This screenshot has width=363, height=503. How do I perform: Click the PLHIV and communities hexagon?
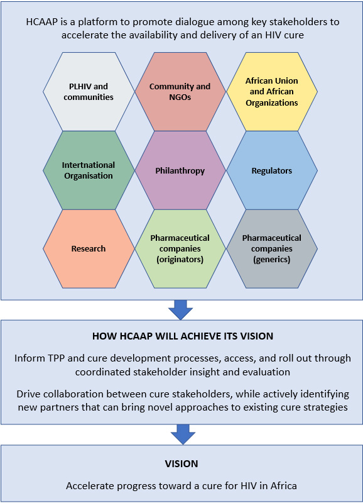[89, 92]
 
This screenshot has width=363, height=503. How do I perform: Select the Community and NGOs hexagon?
[180, 92]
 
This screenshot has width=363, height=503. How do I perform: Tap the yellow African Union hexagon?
[272, 92]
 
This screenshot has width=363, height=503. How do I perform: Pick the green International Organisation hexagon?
[89, 170]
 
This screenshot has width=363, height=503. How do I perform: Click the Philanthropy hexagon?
[180, 170]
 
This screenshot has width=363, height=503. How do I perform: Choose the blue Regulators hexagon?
[272, 170]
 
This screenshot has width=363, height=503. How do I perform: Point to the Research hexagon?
[89, 248]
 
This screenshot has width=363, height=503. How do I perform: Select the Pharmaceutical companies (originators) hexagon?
[180, 248]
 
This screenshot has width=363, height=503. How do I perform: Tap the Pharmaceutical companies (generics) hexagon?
[272, 248]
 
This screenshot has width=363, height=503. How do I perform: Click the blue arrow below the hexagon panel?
[181, 310]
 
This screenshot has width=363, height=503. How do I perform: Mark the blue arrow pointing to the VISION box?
[183, 434]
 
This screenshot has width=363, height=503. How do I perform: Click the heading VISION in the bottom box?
[181, 464]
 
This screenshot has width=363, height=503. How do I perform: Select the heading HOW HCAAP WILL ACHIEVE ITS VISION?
[183, 336]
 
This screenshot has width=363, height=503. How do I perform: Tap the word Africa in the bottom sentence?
[283, 485]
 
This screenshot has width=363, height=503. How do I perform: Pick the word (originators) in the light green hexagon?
[180, 259]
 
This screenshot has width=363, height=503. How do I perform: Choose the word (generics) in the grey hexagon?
[272, 259]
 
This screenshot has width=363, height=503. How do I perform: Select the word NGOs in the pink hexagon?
[180, 97]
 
